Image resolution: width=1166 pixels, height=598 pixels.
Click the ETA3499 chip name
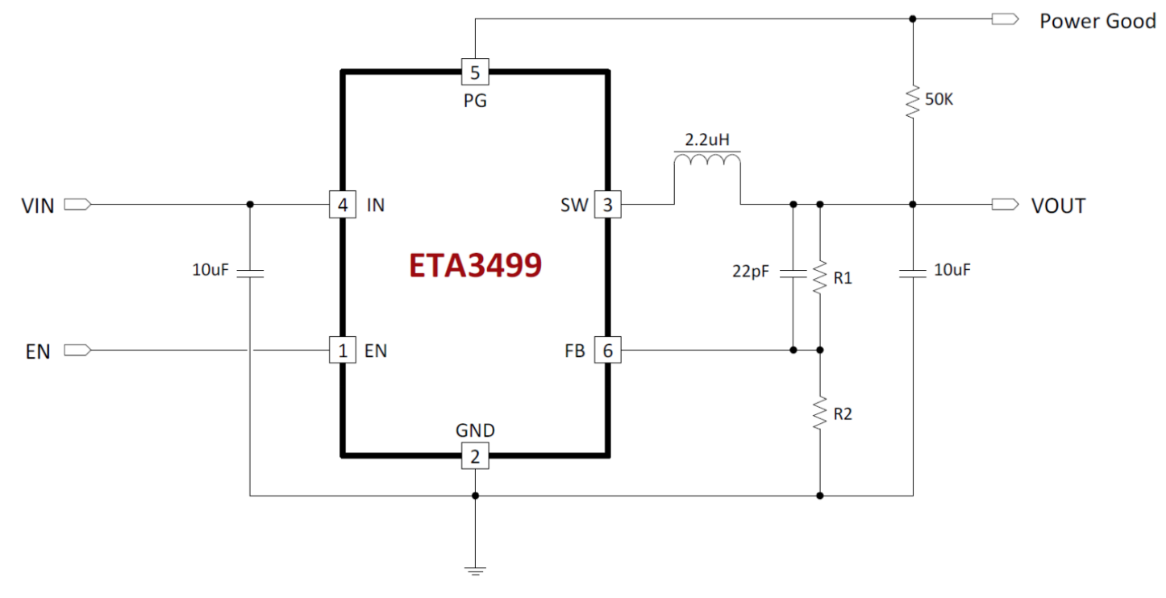click(475, 265)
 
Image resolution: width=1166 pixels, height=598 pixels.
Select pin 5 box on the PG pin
click(475, 72)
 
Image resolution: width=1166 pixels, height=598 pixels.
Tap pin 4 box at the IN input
click(343, 205)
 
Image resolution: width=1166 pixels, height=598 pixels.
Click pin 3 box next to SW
click(607, 205)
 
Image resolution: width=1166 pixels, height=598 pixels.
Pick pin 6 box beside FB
click(607, 351)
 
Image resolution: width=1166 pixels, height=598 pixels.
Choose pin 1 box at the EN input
click(343, 351)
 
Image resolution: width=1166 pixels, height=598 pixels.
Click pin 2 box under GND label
click(475, 456)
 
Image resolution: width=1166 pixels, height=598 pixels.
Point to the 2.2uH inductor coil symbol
click(707, 160)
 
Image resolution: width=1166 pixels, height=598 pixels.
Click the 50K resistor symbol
click(913, 102)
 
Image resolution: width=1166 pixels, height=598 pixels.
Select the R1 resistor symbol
click(820, 277)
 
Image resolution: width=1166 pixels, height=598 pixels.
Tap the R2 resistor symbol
click(820, 413)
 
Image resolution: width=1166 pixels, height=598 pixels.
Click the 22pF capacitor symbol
click(793, 272)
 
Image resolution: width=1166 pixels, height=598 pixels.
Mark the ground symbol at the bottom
click(475, 571)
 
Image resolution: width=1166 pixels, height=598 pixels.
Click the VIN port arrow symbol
click(77, 205)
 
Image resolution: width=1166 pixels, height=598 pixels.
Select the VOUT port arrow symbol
click(1006, 205)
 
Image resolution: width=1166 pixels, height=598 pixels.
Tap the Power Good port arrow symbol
click(1006, 19)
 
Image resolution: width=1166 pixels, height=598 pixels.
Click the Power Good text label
click(1097, 21)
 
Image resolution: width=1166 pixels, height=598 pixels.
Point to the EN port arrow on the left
click(77, 351)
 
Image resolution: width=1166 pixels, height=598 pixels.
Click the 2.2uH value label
click(707, 139)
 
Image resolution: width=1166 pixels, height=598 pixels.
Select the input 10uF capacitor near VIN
click(250, 272)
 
